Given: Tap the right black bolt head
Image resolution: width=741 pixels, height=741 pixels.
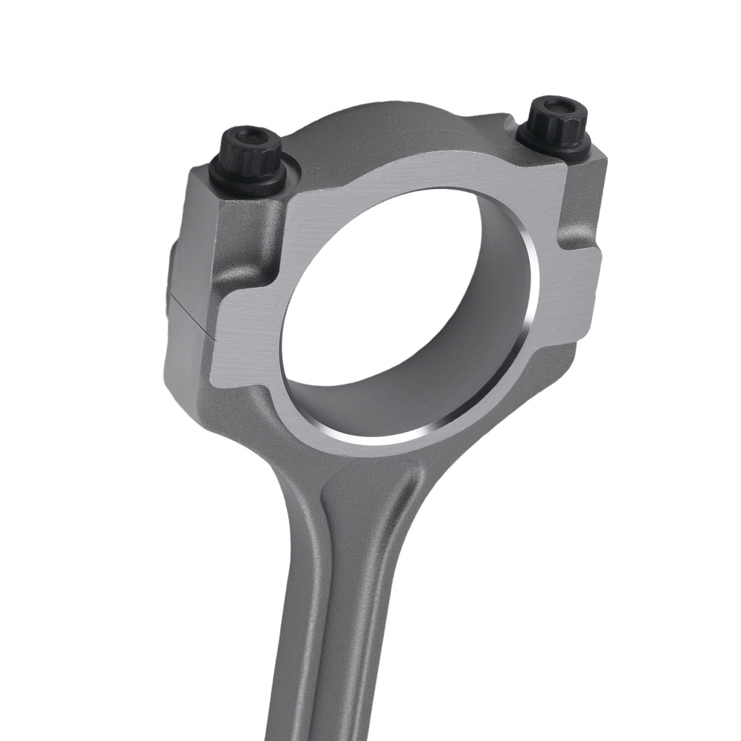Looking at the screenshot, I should (552, 122).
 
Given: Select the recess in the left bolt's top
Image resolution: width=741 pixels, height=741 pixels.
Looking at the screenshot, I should (252, 136).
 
